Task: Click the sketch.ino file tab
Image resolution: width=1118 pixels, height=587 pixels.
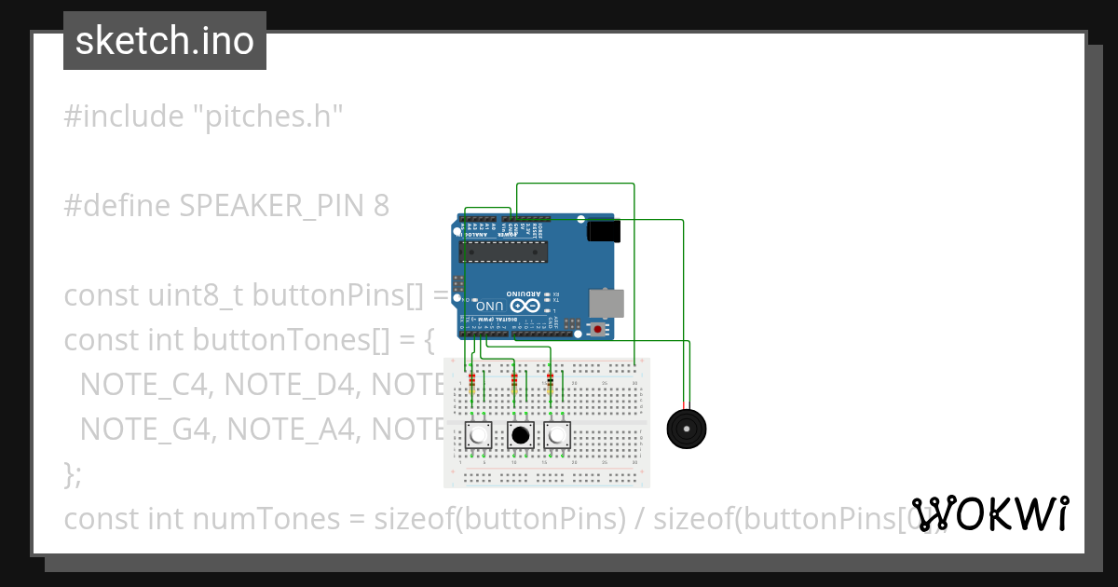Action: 164,41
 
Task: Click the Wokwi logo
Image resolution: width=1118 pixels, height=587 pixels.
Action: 990,513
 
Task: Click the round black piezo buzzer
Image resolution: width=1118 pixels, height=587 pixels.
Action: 688,429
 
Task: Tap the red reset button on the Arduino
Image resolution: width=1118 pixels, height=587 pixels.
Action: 597,328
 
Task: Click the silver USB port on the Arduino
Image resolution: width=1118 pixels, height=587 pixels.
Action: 607,303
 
